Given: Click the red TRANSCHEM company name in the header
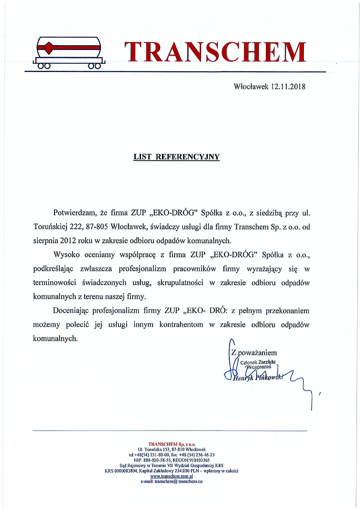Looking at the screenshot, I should coord(215,52).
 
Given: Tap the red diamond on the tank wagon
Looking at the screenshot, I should coord(49,47).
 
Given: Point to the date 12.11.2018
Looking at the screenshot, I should coord(288,86).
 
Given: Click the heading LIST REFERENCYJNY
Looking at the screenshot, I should coord(176,157).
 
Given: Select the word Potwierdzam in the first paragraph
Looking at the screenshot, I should coord(75,213).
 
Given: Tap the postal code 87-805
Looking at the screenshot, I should coord(97,227).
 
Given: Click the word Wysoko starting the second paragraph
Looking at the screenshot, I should coord(66,255).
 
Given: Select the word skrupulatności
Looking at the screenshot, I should coord(180,283).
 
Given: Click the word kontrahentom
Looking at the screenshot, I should coord(181,324).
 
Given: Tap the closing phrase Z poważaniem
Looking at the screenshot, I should coord(254,353).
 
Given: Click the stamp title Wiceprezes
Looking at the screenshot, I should coord(259,367).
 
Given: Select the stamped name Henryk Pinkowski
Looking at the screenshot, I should coord(258,378).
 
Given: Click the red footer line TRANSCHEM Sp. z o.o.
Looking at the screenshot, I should coord(172,444).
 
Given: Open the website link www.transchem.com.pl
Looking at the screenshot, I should coord(172,476).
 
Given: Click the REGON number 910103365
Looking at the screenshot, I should coord(199,460).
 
